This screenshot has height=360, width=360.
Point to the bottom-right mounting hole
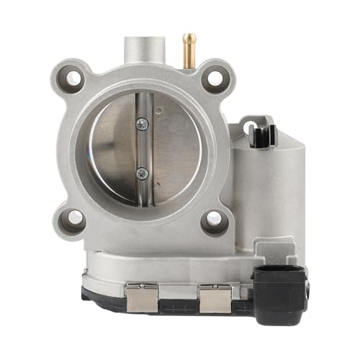click(214, 220)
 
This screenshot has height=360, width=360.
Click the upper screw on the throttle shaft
click(143, 125)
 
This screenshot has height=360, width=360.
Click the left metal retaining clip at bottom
click(143, 295)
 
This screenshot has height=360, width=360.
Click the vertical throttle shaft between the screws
click(143, 148)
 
